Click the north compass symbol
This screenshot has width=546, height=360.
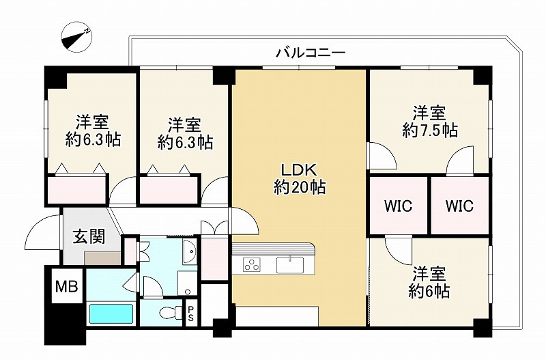(76, 37)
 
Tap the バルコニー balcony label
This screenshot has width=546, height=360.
(311, 53)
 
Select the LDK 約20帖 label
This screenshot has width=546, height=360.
(300, 179)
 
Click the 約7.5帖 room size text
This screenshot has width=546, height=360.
(430, 130)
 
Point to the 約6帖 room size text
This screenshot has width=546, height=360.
(429, 291)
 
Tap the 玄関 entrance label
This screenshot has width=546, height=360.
(89, 237)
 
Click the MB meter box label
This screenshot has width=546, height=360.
(67, 286)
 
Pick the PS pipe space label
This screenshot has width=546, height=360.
(190, 314)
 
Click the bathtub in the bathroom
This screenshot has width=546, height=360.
(111, 314)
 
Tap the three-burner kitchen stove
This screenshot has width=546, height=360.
(251, 264)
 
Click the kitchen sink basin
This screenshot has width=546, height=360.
(290, 265)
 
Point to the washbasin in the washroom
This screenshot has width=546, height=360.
(190, 251)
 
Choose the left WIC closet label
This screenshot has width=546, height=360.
(398, 206)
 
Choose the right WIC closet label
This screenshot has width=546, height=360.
(459, 206)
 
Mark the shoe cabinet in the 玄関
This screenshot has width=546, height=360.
(102, 258)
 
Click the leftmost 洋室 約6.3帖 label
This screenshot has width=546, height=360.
(93, 131)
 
